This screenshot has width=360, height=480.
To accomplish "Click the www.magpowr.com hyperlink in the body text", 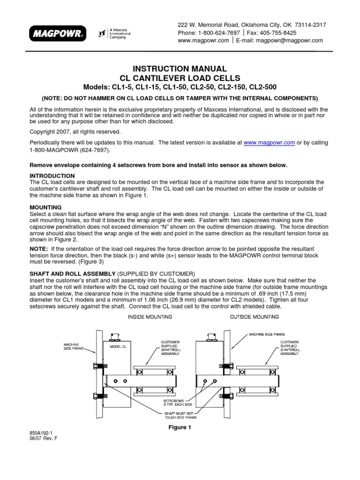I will pos(270,142).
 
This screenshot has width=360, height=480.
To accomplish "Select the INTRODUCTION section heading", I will pos(52,175).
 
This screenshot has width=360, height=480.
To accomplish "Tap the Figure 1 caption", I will pos(180,427).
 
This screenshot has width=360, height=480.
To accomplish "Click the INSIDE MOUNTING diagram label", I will pos(150,317).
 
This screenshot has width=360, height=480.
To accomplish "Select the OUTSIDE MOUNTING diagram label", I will pos(255,317).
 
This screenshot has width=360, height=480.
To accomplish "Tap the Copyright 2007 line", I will pos(75,132).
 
